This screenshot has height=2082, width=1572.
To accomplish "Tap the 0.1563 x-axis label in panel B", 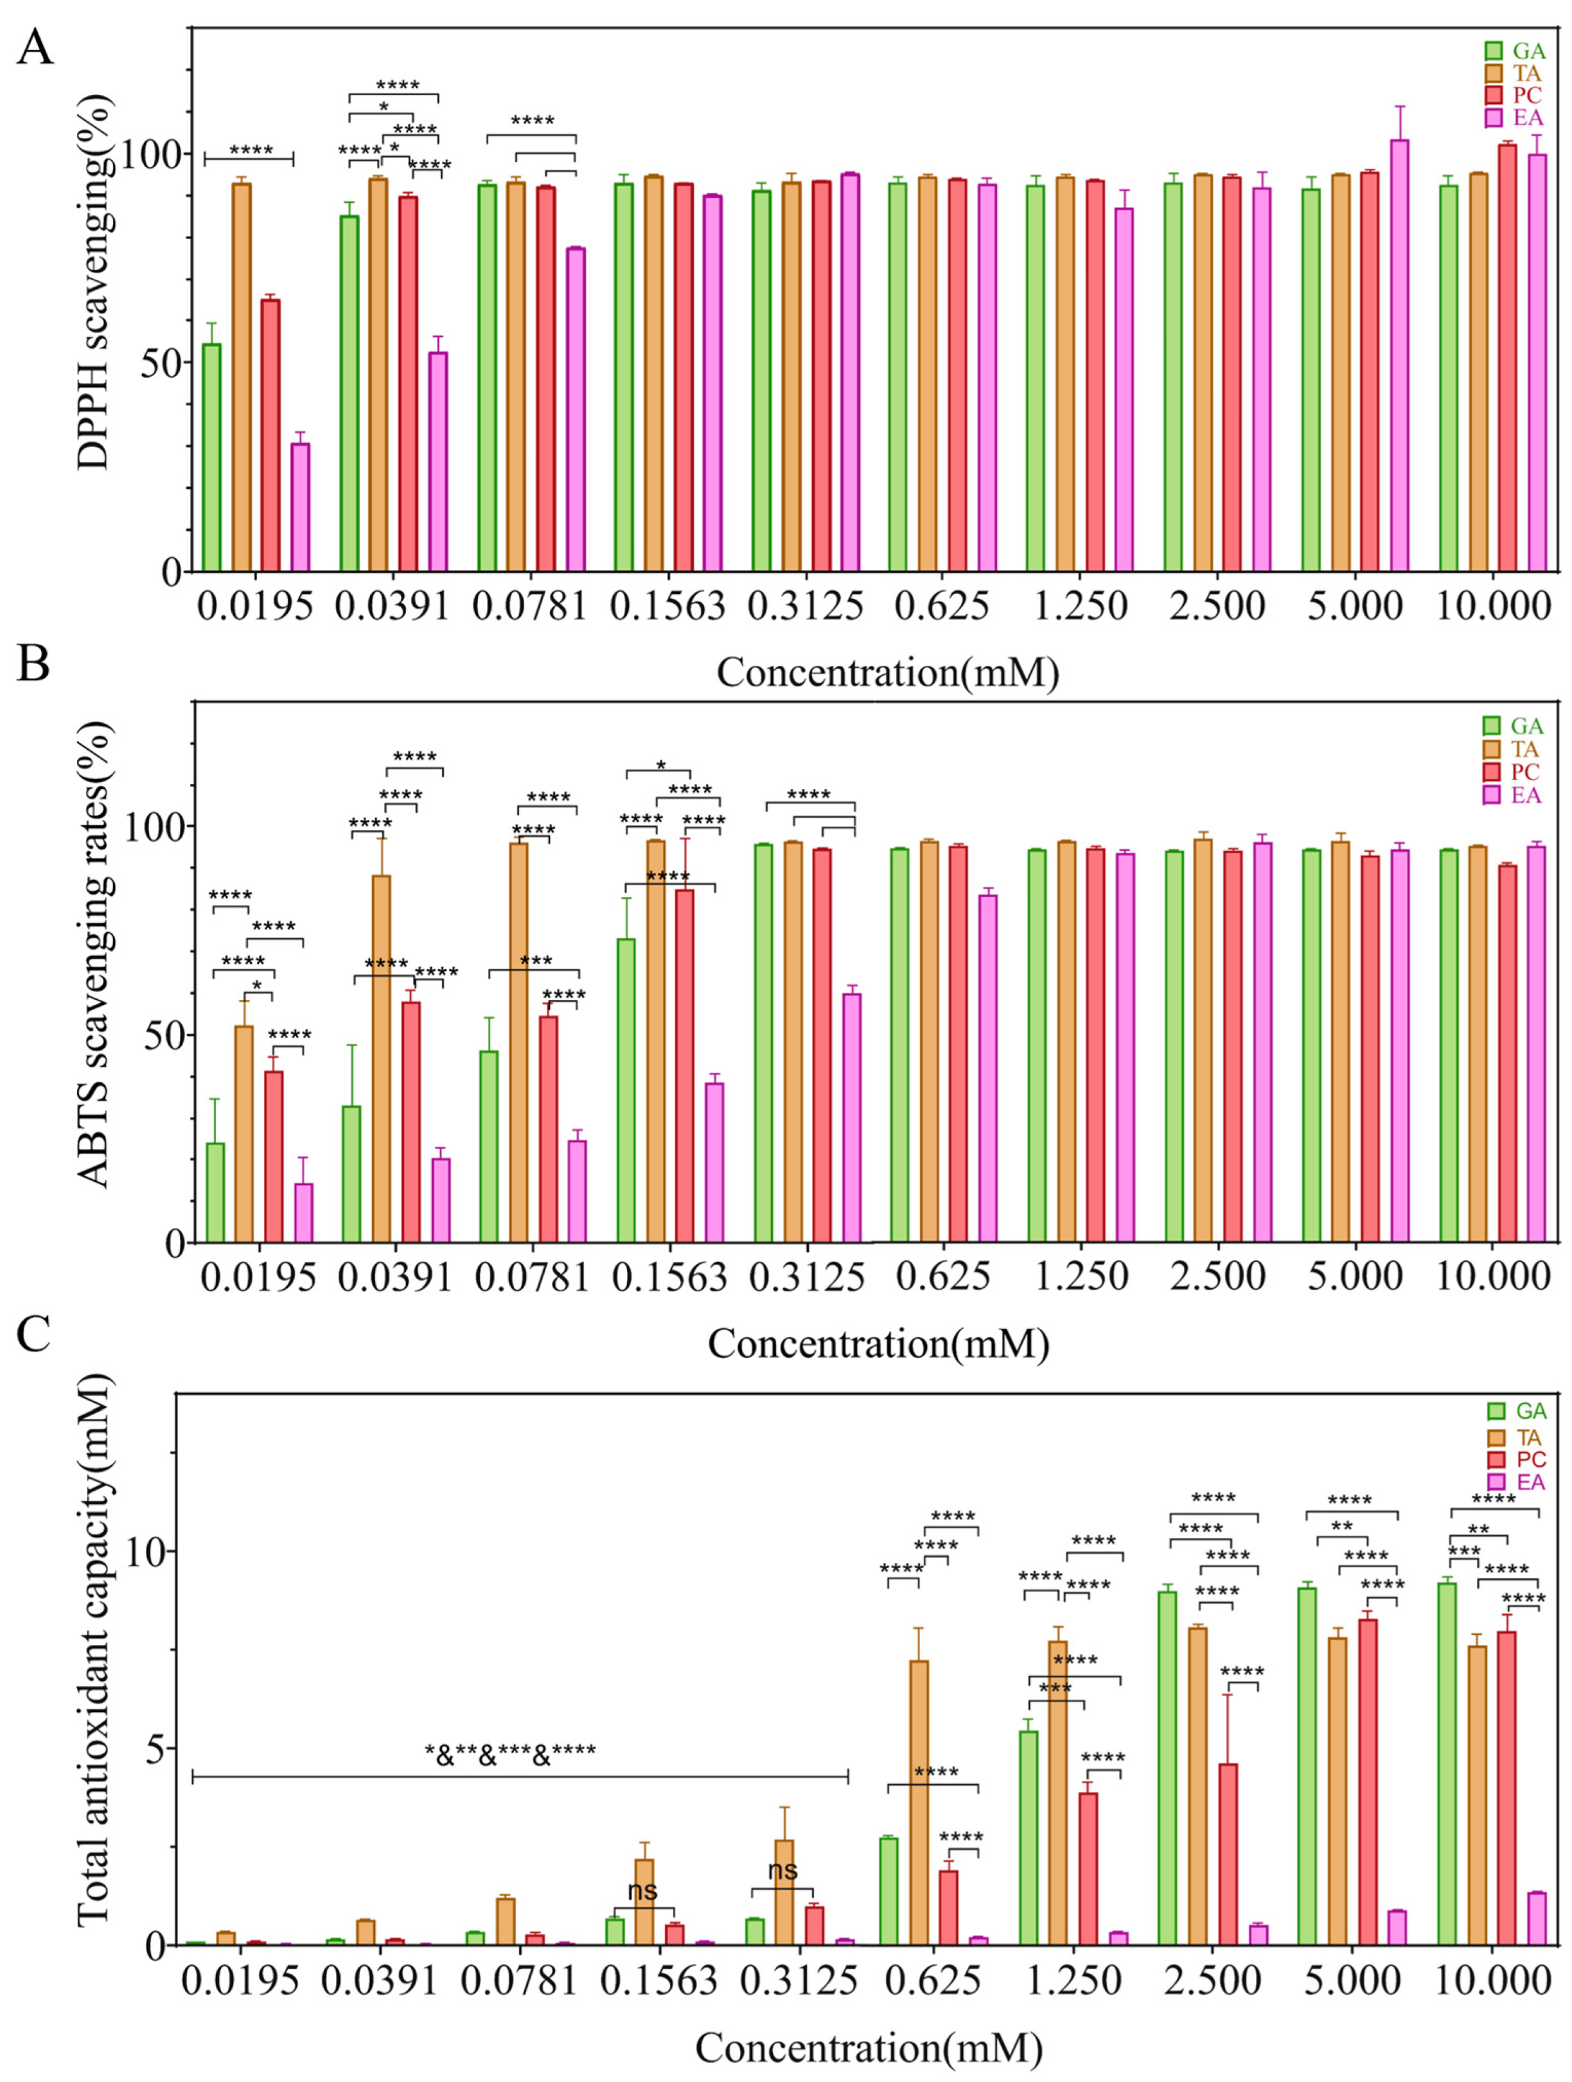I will [669, 1277].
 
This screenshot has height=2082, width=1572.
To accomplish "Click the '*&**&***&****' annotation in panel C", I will [510, 1752].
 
